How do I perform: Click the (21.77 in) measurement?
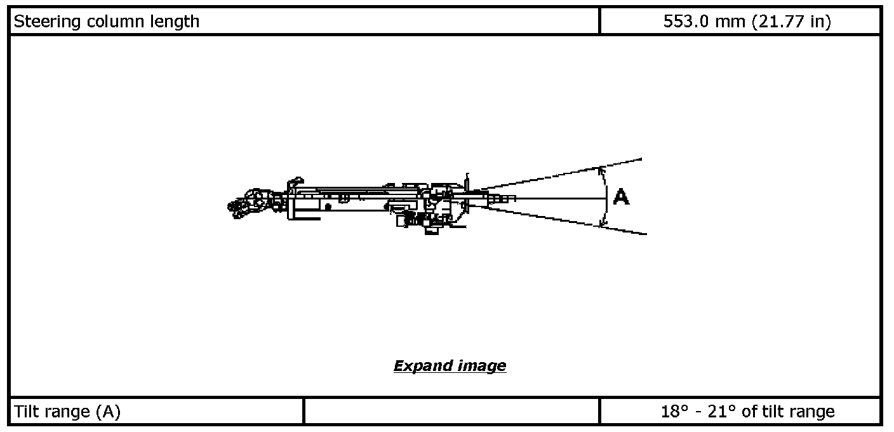(x=791, y=22)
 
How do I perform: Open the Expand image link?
(x=450, y=366)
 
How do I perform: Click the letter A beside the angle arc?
(x=621, y=198)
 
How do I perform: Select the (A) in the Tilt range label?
(x=109, y=412)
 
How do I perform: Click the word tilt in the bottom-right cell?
(x=768, y=412)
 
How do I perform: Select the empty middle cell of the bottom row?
(x=451, y=412)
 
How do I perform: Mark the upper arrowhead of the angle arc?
(x=601, y=170)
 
